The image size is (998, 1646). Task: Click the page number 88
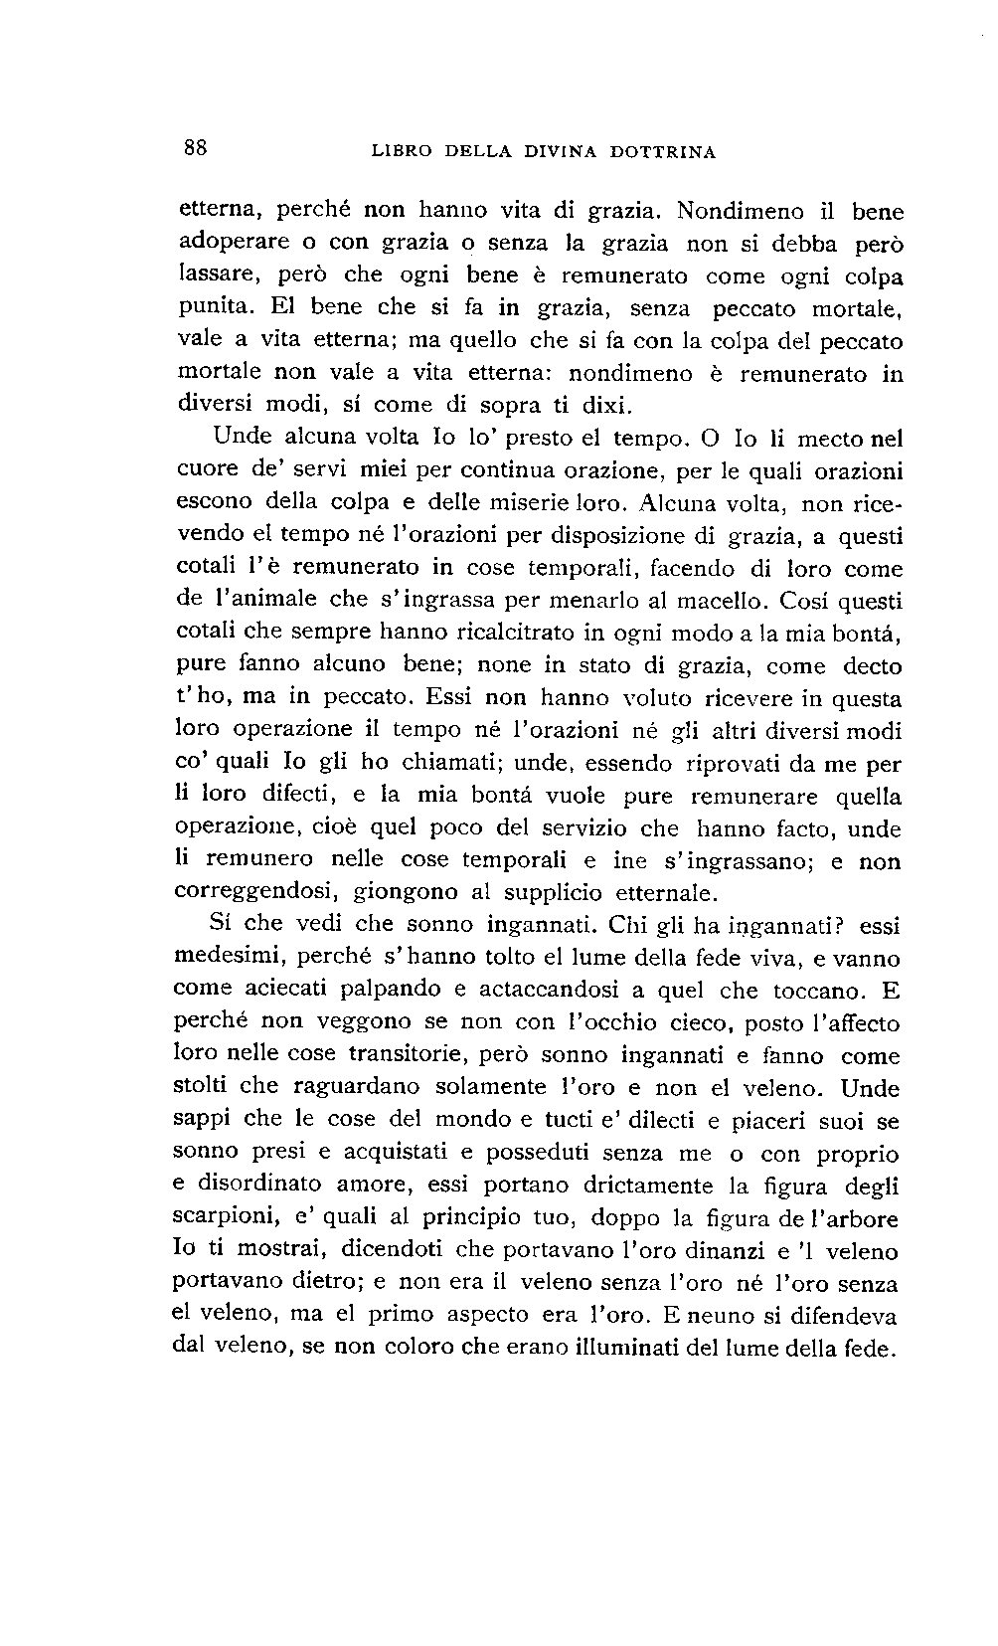pos(195,148)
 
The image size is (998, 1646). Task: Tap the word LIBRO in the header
pos(402,152)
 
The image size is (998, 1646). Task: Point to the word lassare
pos(211,275)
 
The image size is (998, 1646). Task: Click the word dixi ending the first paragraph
pos(606,406)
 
